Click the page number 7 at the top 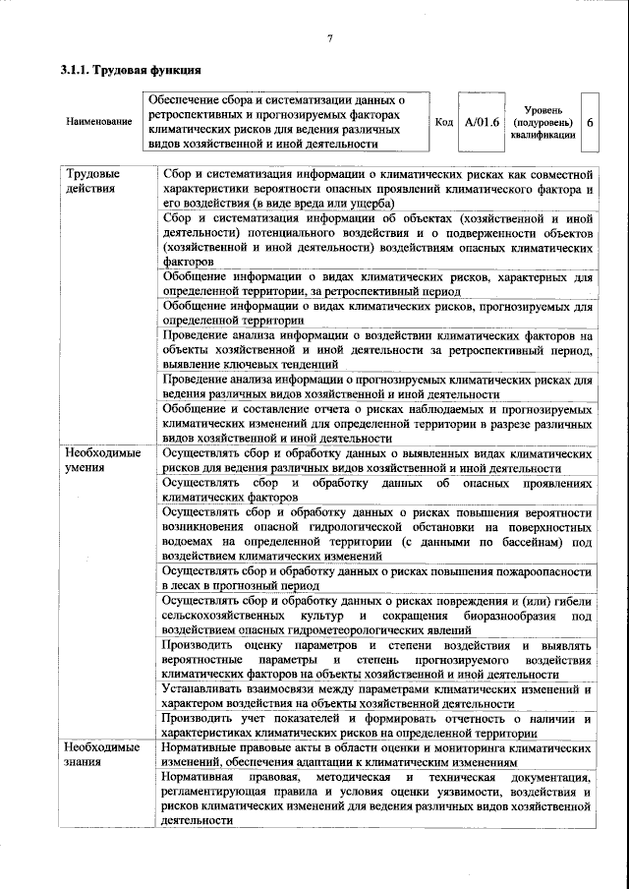(329, 37)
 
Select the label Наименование (99, 122)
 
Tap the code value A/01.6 (482, 122)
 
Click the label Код (443, 122)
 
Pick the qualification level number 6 (589, 122)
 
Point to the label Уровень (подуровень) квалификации (543, 122)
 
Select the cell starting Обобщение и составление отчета (376, 423)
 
